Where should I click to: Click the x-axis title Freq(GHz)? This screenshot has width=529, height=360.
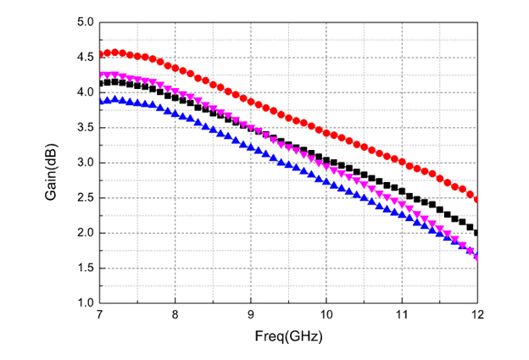(287, 335)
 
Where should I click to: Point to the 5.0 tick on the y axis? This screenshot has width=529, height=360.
(82, 22)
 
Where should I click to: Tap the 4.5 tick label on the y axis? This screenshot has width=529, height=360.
(82, 57)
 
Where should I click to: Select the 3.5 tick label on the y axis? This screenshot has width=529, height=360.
(82, 127)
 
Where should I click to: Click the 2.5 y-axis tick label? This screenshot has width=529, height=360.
(82, 197)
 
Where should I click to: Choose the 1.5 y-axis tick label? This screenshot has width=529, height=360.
(82, 268)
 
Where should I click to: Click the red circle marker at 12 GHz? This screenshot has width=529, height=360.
(476, 200)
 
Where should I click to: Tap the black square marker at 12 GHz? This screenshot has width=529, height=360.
(476, 232)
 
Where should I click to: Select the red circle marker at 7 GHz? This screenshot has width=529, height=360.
(100, 54)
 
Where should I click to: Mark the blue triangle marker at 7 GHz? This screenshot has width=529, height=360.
(100, 101)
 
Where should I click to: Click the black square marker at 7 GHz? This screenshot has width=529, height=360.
(100, 83)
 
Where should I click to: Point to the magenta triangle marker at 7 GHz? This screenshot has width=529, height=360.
(100, 75)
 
